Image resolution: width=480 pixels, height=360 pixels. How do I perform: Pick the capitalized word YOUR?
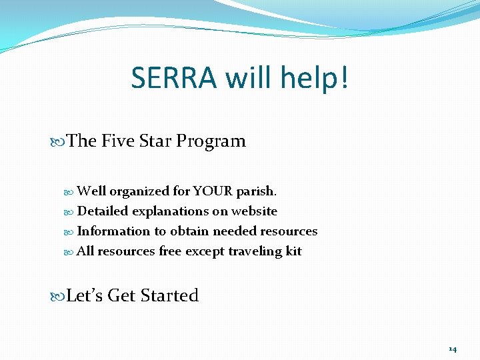(213, 191)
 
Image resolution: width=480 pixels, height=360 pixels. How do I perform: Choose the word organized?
(139, 192)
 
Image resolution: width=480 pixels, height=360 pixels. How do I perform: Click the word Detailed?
(103, 211)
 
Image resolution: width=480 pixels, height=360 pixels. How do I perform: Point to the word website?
(254, 211)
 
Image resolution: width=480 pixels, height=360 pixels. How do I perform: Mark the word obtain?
(189, 231)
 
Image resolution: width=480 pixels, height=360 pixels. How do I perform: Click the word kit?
(294, 251)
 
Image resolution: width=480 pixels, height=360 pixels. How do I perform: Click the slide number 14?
(453, 349)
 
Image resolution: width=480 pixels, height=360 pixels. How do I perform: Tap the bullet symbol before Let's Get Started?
(60, 296)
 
